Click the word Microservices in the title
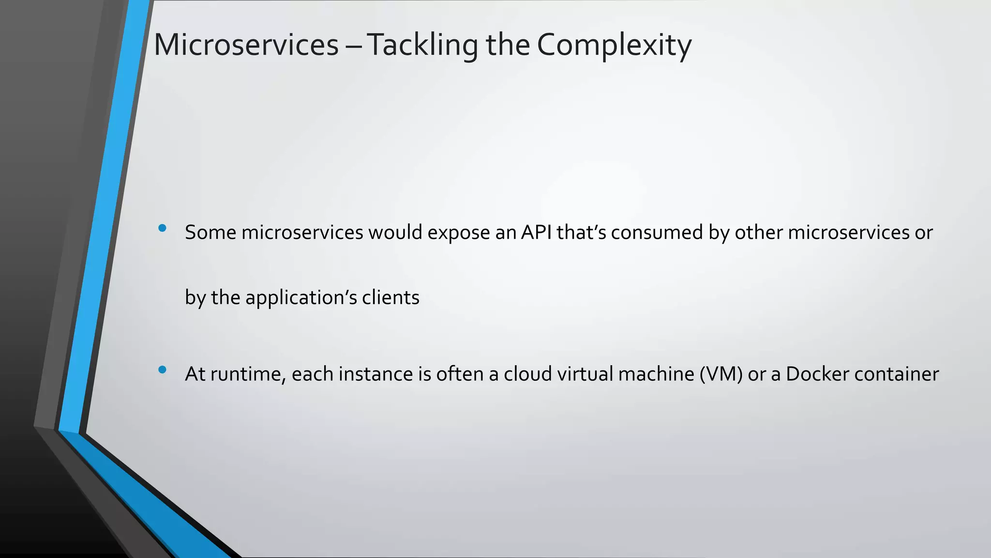coord(246,45)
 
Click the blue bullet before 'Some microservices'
coord(162,228)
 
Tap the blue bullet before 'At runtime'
coord(162,370)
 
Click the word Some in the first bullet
coord(210,232)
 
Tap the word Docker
coord(817,374)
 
